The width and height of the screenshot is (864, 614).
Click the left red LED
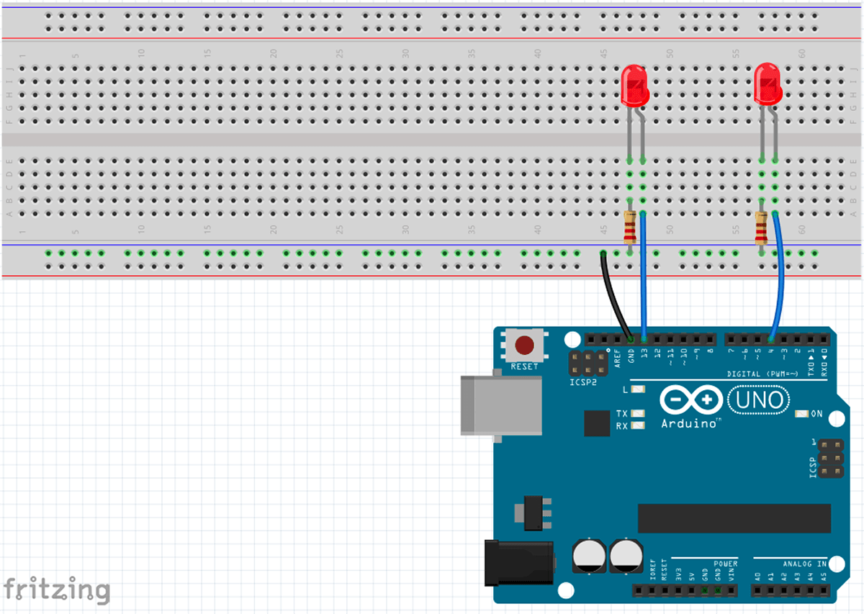point(634,85)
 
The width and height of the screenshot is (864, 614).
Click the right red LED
point(768,83)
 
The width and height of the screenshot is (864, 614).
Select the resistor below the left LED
point(630,230)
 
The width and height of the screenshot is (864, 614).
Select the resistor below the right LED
point(761,230)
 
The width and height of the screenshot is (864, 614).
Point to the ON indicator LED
point(801,415)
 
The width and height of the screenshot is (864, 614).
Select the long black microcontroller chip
point(734,518)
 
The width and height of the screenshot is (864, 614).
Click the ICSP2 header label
point(583,382)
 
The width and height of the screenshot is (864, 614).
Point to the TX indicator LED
point(637,414)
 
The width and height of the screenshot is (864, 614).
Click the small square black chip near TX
point(597,423)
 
